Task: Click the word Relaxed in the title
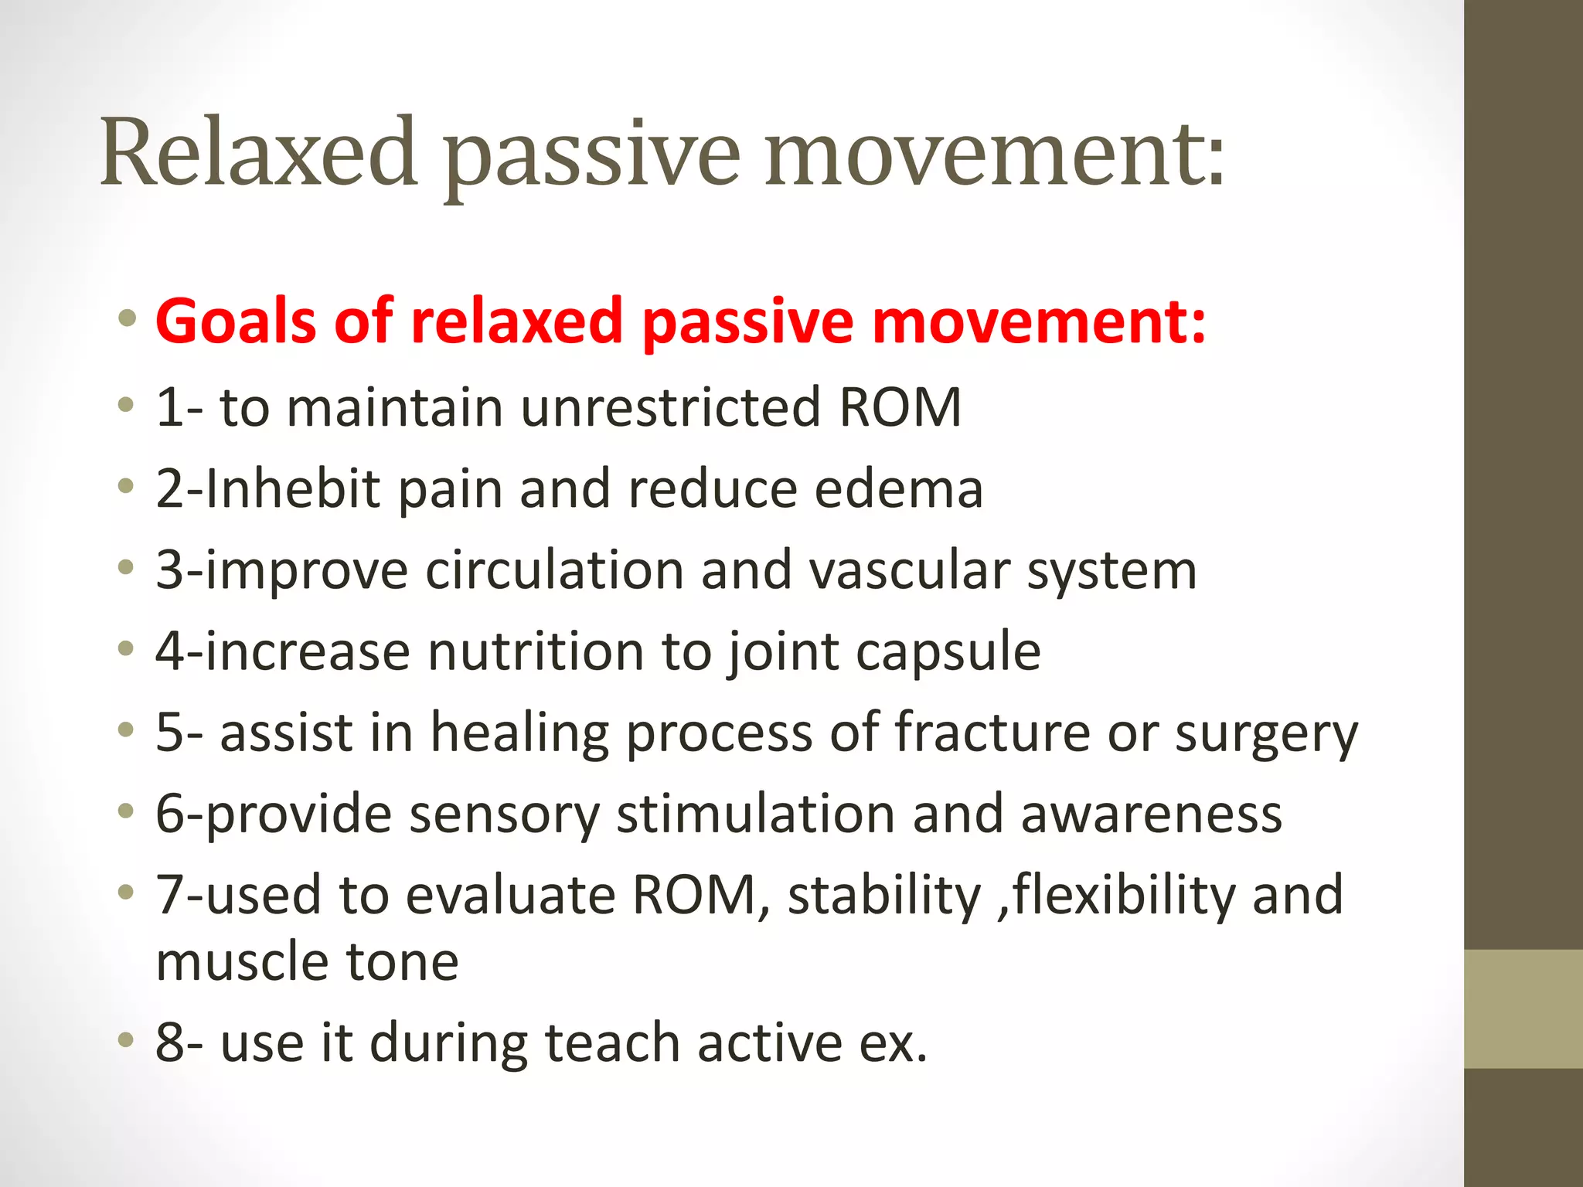point(259,152)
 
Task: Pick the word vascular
point(909,570)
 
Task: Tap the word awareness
point(1151,815)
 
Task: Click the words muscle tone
point(307,962)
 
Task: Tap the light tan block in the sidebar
point(1523,1008)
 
